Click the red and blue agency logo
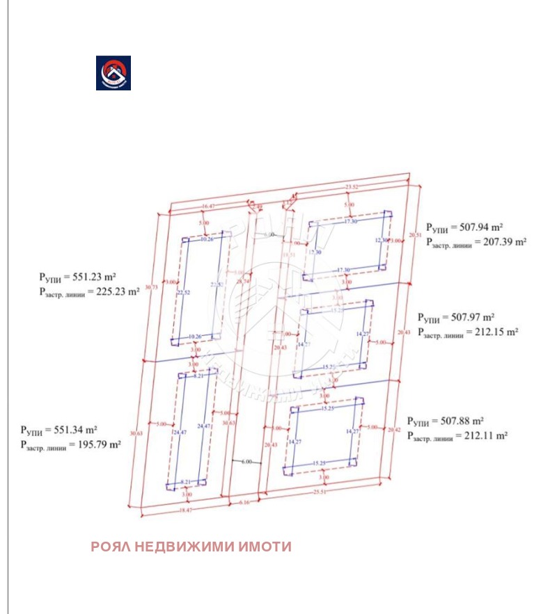pyautogui.click(x=113, y=73)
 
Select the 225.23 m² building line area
pyautogui.click(x=89, y=292)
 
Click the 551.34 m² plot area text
pyautogui.click(x=58, y=430)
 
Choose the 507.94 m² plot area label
pyautogui.click(x=464, y=227)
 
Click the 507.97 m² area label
pyautogui.click(x=456, y=317)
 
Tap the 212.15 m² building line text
pyautogui.click(x=468, y=332)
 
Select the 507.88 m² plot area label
pyautogui.click(x=445, y=421)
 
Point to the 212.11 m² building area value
pyautogui.click(x=457, y=436)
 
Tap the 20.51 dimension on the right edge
pyautogui.click(x=415, y=235)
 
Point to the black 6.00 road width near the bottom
pyautogui.click(x=247, y=462)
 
